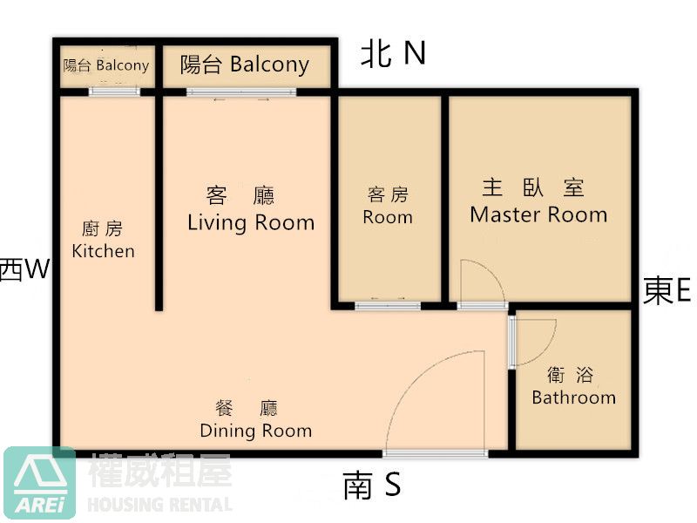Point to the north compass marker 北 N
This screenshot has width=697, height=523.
point(393,53)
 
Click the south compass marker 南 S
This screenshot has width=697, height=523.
point(372,486)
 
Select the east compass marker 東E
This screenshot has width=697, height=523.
point(667,290)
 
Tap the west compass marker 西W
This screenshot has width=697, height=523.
point(24,269)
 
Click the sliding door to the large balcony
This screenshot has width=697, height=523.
point(241,92)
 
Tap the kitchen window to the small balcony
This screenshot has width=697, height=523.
point(115,92)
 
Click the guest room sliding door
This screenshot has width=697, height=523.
point(388,306)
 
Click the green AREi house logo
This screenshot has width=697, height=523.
point(39,483)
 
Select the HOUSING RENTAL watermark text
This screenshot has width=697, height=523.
point(160,505)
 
